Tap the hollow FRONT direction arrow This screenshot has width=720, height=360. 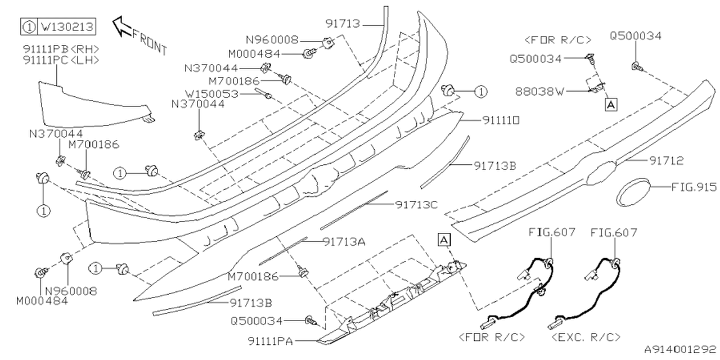[x=123, y=26]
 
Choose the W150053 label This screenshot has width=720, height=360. [x=212, y=93]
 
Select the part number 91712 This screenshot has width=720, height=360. [x=664, y=161]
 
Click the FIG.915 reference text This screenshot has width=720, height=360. [x=694, y=186]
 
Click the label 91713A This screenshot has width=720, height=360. [x=344, y=241]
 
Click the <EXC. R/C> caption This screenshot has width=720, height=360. [x=587, y=337]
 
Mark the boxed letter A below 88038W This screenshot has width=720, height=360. [x=610, y=103]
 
